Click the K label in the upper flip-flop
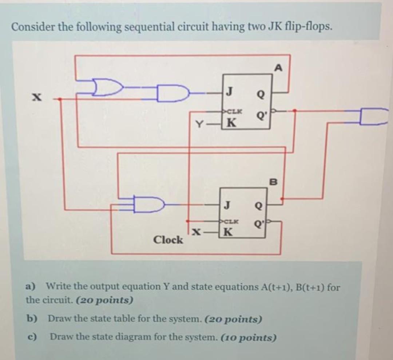pyautogui.click(x=230, y=123)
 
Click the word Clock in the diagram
pyautogui.click(x=168, y=240)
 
